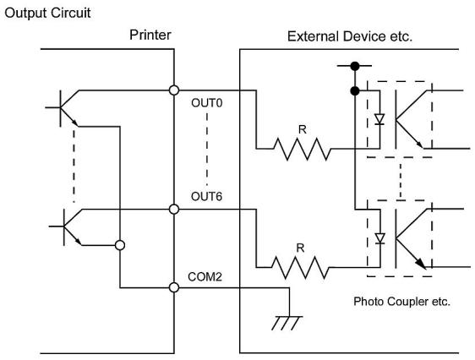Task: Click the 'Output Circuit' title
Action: click(x=47, y=14)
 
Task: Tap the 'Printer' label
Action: click(x=150, y=35)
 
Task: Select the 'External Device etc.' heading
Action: click(x=350, y=36)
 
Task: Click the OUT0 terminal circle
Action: click(x=174, y=90)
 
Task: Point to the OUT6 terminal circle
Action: click(x=174, y=210)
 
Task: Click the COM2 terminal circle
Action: click(x=174, y=287)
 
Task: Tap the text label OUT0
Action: click(x=206, y=103)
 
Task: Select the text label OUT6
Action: click(x=206, y=197)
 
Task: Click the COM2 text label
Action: click(x=205, y=276)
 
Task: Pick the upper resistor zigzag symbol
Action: click(x=302, y=149)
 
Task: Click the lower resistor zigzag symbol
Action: click(x=300, y=267)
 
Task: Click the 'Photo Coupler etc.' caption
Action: click(x=401, y=302)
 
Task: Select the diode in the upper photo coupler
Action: click(x=379, y=119)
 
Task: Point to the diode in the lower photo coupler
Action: click(x=379, y=238)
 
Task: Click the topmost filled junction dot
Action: click(x=355, y=66)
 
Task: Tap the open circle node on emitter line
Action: click(x=120, y=245)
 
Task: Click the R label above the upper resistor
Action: click(x=303, y=129)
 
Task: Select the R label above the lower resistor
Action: click(x=300, y=248)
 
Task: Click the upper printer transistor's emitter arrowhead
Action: click(x=74, y=123)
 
